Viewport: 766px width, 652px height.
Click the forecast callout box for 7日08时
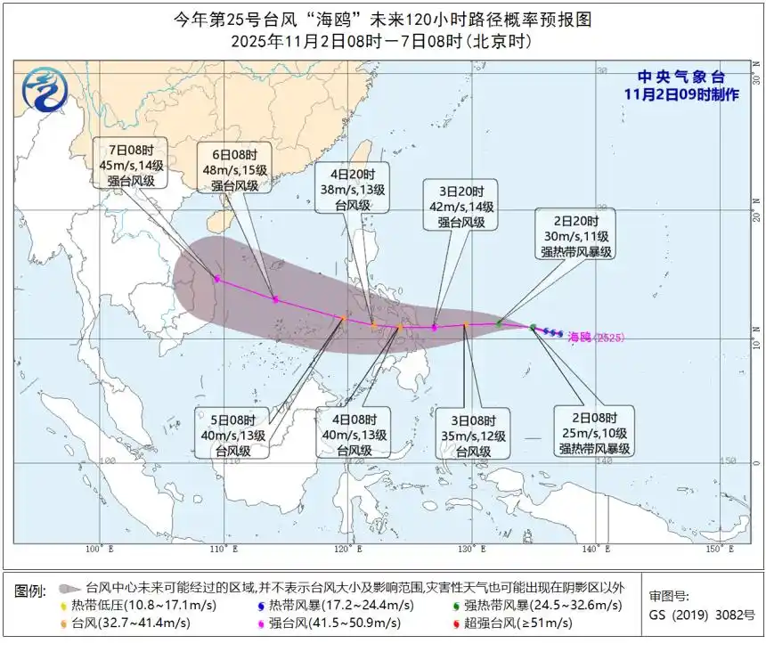coord(132,163)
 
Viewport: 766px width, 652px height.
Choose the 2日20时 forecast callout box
coord(575,235)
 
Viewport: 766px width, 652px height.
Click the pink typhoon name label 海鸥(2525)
coord(597,337)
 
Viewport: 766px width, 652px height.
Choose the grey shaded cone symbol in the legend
coord(69,589)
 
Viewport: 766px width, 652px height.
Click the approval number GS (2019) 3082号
coord(701,615)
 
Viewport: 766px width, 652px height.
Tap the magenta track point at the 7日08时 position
coord(216,279)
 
